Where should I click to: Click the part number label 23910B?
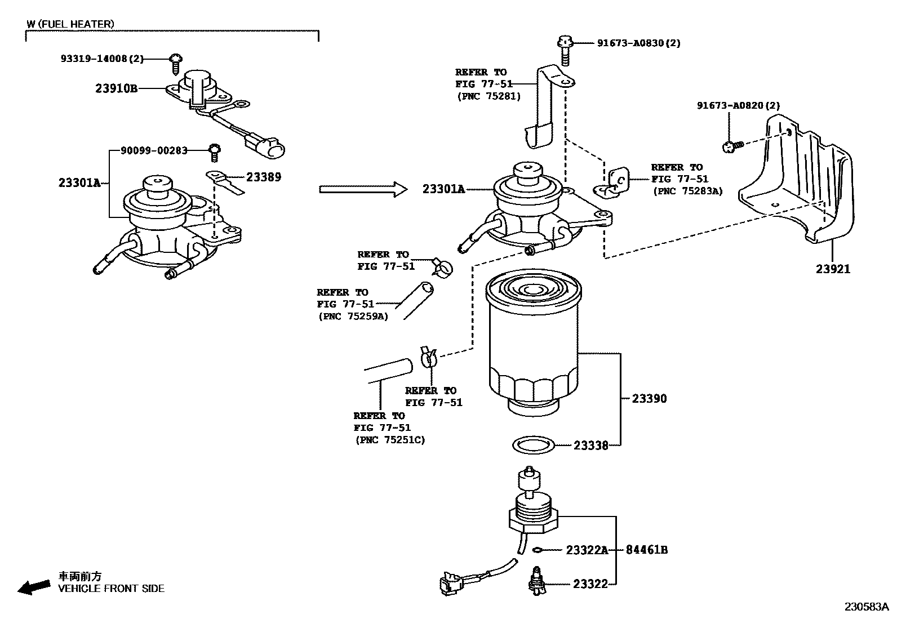116,88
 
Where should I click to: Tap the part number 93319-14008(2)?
102,59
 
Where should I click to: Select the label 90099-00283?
154,150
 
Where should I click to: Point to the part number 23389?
264,177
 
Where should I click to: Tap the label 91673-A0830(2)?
639,43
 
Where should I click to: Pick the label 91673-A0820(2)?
739,105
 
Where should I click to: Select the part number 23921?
833,269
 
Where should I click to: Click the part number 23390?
649,398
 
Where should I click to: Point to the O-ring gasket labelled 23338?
534,445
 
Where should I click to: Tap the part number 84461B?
647,550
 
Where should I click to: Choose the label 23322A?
587,550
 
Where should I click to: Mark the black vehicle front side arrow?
34,587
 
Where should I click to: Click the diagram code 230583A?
867,607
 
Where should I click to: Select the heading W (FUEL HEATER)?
70,24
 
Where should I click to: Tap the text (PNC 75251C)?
390,440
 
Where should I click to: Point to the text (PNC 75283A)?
688,192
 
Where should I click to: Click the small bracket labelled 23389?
225,182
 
